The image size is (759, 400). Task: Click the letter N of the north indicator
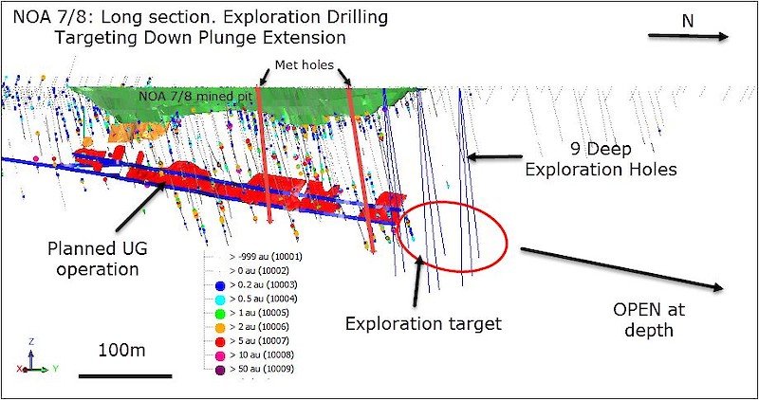[x=687, y=21]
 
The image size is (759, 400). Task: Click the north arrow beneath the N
[x=688, y=36]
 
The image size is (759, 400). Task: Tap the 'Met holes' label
[x=304, y=64]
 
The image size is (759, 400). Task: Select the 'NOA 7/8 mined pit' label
[x=195, y=97]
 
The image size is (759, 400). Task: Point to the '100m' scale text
[x=121, y=350]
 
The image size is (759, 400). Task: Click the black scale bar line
[x=125, y=375]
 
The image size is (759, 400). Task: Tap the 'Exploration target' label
[x=423, y=323]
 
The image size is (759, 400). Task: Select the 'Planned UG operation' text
[x=98, y=259]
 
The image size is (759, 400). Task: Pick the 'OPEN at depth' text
[x=649, y=319]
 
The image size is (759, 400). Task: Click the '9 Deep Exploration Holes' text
[x=601, y=158]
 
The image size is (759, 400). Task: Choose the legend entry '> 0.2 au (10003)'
[x=256, y=285]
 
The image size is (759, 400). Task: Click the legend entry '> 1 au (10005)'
[x=252, y=313]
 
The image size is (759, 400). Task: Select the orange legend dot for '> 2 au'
[x=221, y=327]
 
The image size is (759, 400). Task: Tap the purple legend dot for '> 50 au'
[x=221, y=370]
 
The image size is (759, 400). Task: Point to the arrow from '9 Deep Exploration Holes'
[x=494, y=156]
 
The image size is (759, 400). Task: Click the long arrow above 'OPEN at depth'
[x=621, y=268]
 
